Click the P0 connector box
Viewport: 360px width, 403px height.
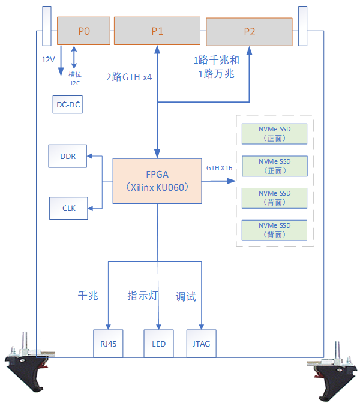[x=84, y=31]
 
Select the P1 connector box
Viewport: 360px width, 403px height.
[x=157, y=31]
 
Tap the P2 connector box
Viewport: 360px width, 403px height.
[x=249, y=32]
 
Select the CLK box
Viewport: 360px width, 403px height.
[x=68, y=208]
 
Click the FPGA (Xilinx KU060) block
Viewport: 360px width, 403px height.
[x=157, y=181]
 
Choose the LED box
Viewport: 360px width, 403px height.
[x=158, y=344]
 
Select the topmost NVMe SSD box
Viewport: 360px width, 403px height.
[x=274, y=133]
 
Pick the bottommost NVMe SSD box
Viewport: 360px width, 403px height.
[x=274, y=230]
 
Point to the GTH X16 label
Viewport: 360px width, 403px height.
[x=219, y=168]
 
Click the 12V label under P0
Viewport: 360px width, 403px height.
[x=48, y=60]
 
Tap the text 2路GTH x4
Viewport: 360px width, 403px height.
[x=129, y=77]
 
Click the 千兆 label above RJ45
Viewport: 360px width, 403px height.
[x=88, y=296]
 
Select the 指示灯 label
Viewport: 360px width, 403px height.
[x=142, y=296]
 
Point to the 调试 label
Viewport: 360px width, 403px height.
[x=185, y=297]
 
